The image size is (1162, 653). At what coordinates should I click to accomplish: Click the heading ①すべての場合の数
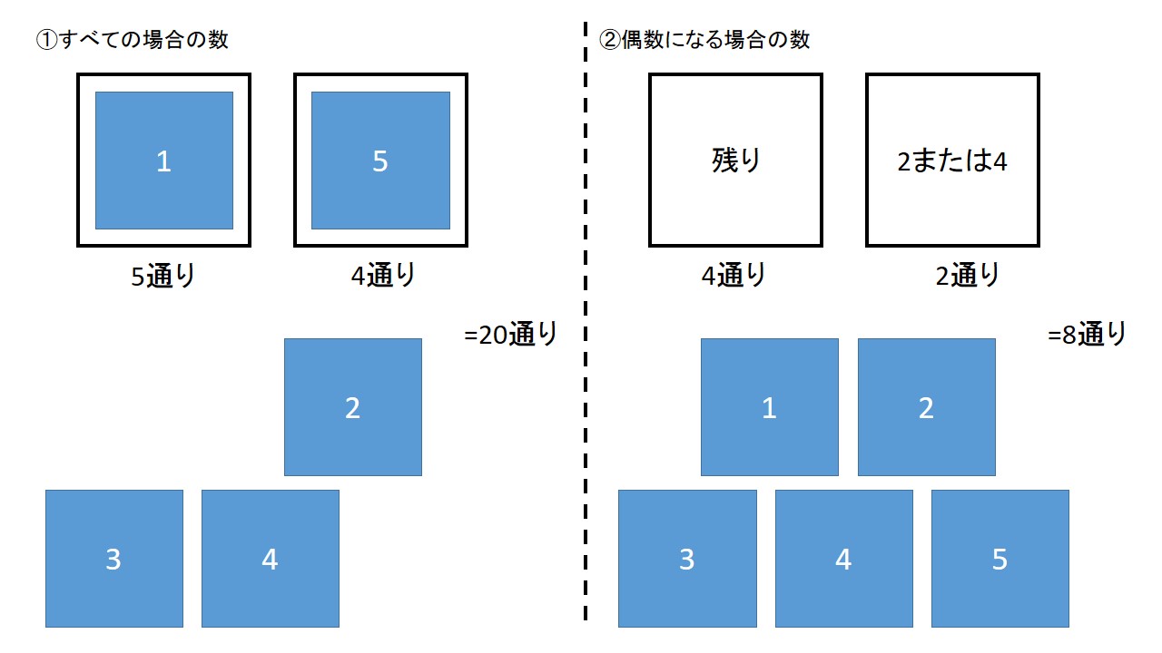tap(132, 40)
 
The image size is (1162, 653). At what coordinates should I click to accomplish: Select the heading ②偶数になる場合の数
tap(704, 40)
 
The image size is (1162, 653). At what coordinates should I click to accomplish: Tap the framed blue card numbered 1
tap(164, 161)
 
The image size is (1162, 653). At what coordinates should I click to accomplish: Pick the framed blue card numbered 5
tap(380, 161)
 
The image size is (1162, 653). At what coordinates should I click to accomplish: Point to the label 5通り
tap(163, 275)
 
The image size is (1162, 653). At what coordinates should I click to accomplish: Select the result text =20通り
tap(510, 334)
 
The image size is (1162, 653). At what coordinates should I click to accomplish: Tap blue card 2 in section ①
tap(353, 407)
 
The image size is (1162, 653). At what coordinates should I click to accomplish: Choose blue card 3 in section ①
tap(114, 559)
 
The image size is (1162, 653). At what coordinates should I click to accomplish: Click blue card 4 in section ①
tap(271, 559)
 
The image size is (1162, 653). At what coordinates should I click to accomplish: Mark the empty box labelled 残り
tap(735, 161)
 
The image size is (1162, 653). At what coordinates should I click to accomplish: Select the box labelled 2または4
tap(952, 161)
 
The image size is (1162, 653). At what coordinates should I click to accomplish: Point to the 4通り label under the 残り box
tap(734, 275)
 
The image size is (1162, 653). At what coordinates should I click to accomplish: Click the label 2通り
tap(968, 275)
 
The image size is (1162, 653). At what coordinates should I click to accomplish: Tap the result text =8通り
tap(1087, 334)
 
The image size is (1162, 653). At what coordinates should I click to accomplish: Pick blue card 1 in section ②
tap(770, 407)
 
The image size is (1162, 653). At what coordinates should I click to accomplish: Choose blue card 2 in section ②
tap(926, 407)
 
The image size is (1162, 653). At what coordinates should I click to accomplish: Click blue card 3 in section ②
tap(687, 559)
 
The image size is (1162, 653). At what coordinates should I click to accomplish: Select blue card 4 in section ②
tap(843, 559)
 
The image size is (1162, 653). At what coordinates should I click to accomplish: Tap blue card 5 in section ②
tap(1000, 559)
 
